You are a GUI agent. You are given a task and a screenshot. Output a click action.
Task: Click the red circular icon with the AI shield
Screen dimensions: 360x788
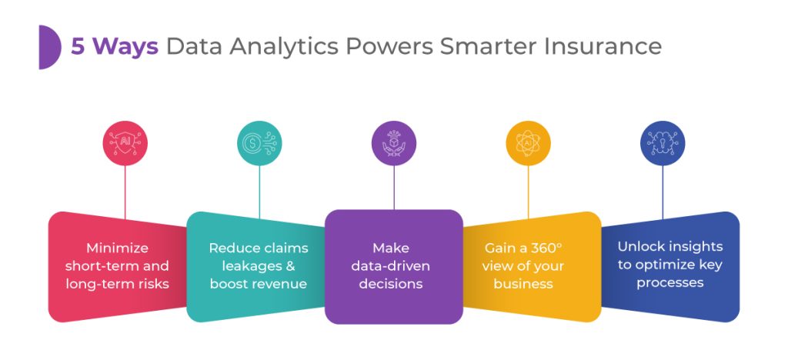(125, 144)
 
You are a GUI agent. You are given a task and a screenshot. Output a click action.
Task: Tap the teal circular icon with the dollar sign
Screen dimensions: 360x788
(259, 144)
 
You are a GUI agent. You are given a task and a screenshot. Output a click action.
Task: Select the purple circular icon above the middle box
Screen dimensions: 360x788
(394, 144)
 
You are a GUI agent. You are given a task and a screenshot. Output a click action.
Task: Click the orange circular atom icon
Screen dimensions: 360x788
(528, 144)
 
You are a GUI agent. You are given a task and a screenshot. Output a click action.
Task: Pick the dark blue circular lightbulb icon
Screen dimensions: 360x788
(663, 144)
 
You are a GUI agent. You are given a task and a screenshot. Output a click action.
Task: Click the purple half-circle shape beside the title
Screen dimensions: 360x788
(49, 47)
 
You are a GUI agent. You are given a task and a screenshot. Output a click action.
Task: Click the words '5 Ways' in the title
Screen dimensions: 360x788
(115, 47)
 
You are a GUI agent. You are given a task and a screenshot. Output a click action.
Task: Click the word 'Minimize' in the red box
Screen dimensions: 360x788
(117, 248)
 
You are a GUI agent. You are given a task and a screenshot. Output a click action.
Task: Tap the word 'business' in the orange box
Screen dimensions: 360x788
(524, 284)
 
